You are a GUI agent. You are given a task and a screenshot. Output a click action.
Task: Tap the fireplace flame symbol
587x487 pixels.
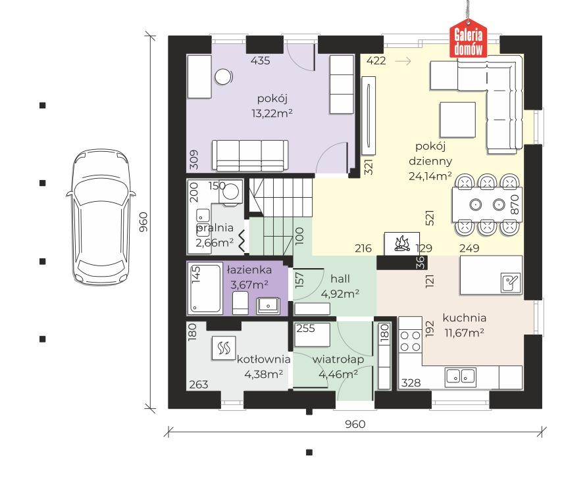pyautogui.click(x=401, y=244)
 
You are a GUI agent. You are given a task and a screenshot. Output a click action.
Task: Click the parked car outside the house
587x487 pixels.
pyautogui.click(x=101, y=218)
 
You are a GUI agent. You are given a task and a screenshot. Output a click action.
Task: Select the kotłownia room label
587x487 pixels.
pyautogui.click(x=263, y=359)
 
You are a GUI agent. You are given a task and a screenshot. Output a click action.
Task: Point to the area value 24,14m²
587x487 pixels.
pyautogui.click(x=430, y=175)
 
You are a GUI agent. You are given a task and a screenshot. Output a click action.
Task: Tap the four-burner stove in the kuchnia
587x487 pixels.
pyautogui.click(x=410, y=341)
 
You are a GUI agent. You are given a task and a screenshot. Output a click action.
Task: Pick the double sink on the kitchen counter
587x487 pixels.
pyautogui.click(x=461, y=377)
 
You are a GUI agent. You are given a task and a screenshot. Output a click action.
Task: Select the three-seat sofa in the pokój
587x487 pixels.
pyautogui.click(x=251, y=156)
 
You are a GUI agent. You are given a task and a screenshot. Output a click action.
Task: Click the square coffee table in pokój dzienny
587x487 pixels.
pyautogui.click(x=457, y=120)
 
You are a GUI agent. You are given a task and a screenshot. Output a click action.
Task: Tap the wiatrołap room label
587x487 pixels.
pyautogui.click(x=338, y=359)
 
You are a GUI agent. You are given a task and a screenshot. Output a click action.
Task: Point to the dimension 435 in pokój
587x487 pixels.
pyautogui.click(x=260, y=60)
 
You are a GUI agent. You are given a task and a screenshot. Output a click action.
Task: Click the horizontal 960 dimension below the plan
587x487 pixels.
pyautogui.click(x=355, y=424)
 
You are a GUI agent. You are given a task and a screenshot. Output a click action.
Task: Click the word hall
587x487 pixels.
pyautogui.click(x=340, y=279)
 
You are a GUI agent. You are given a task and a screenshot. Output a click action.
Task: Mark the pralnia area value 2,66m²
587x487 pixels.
pyautogui.click(x=215, y=243)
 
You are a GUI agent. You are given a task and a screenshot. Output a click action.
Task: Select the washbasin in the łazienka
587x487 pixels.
pyautogui.click(x=268, y=306)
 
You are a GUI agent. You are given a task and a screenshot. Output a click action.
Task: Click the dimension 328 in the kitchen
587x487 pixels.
pyautogui.click(x=411, y=383)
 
